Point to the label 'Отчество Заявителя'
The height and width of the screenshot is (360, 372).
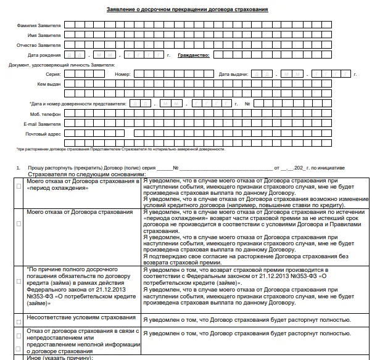(x=39, y=45)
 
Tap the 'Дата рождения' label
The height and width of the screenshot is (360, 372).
(x=47, y=55)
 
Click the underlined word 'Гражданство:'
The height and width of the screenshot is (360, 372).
(x=193, y=55)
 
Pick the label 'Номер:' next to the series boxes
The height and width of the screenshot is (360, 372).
(x=123, y=74)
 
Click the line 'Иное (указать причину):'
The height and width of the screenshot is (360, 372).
(x=59, y=358)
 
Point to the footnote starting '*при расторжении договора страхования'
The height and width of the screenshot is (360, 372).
(x=120, y=149)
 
